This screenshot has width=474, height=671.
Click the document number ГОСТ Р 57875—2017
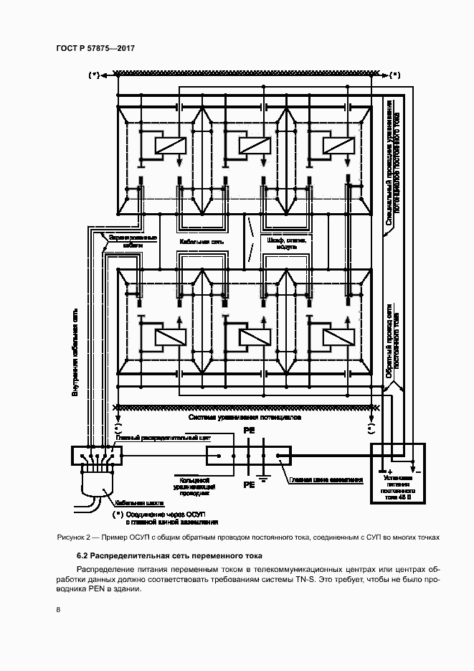pyautogui.click(x=95, y=48)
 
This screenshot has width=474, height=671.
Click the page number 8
pyautogui.click(x=58, y=611)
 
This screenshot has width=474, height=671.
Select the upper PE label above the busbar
pyautogui.click(x=249, y=431)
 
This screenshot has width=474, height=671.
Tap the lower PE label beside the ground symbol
pyautogui.click(x=249, y=485)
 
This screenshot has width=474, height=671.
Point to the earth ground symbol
pyautogui.click(x=262, y=479)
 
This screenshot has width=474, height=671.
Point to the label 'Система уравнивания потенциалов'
pyautogui.click(x=245, y=417)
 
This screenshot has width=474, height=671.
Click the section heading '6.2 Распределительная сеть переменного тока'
pyautogui.click(x=169, y=556)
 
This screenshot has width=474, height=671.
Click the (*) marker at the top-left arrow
pyautogui.click(x=93, y=75)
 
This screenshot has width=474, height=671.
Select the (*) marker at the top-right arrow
pyautogui.click(x=395, y=75)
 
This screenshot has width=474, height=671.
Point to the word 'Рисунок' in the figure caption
pyautogui.click(x=71, y=538)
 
